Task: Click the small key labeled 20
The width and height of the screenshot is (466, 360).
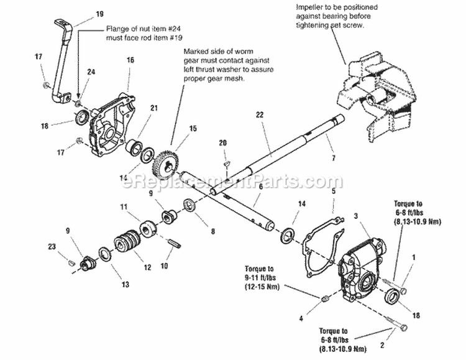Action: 227,162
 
